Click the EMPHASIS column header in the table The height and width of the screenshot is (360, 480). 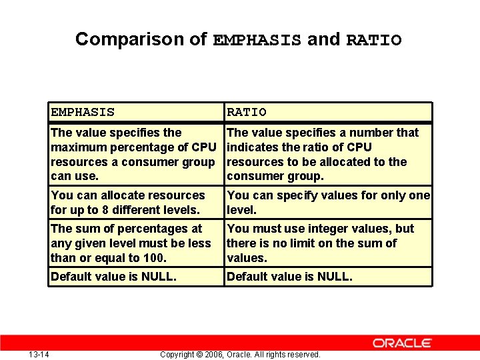[x=83, y=113]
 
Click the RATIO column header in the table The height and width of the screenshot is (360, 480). [x=247, y=113]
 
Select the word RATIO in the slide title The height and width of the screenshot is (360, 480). [x=373, y=41]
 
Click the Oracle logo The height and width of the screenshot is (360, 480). [x=402, y=343]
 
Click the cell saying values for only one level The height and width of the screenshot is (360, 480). [x=328, y=203]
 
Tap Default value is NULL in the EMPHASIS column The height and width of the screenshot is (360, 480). [x=113, y=277]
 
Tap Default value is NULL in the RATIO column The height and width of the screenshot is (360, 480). [x=289, y=277]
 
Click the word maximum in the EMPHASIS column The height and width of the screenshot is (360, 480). [x=75, y=147]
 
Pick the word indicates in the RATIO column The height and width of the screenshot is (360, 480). [x=252, y=147]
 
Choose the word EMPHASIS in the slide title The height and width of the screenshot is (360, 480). [x=257, y=41]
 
